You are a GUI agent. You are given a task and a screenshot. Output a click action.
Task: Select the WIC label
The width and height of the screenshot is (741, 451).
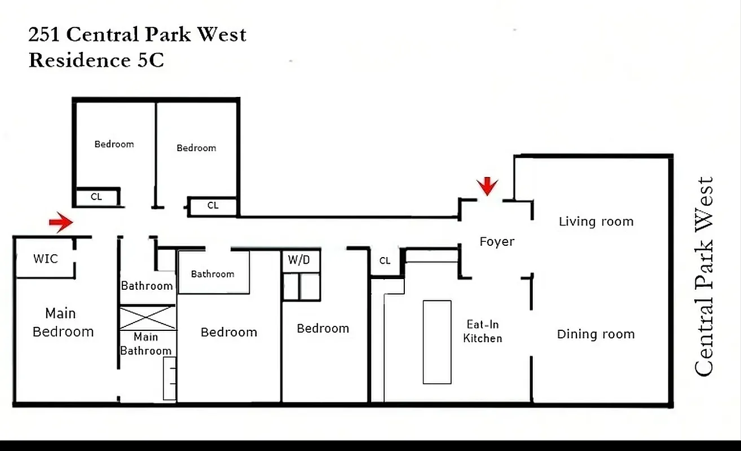pyautogui.click(x=45, y=259)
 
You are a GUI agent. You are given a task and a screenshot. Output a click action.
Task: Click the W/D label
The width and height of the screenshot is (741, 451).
pyautogui.click(x=299, y=260)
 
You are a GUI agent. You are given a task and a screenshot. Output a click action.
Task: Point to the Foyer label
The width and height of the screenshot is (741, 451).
pyautogui.click(x=497, y=242)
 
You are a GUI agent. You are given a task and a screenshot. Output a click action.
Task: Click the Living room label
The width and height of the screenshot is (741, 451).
pyautogui.click(x=596, y=222)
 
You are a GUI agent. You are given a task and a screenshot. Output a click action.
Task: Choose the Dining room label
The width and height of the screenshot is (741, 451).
pyautogui.click(x=596, y=334)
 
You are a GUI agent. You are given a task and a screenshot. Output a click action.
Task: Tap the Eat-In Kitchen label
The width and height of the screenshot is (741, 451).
pyautogui.click(x=483, y=331)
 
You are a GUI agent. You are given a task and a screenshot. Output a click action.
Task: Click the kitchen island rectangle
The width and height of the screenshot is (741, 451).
pyautogui.click(x=437, y=342)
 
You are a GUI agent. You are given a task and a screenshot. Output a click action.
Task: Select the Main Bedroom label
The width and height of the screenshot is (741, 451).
pyautogui.click(x=63, y=322)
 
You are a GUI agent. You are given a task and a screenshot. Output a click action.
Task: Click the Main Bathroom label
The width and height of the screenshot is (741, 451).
pyautogui.click(x=145, y=344)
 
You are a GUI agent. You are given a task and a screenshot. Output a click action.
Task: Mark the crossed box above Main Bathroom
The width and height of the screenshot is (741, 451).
pyautogui.click(x=148, y=317)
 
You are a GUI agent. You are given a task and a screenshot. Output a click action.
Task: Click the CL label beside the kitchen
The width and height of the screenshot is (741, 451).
pyautogui.click(x=385, y=260)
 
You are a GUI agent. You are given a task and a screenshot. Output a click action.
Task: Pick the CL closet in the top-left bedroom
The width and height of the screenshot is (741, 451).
pyautogui.click(x=96, y=197)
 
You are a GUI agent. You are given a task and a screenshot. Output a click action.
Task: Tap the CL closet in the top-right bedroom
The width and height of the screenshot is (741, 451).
pyautogui.click(x=213, y=206)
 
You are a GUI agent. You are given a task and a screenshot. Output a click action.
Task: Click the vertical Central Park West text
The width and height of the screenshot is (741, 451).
pyautogui.click(x=704, y=276)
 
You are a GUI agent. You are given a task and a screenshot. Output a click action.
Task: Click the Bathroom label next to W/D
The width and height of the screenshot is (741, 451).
pyautogui.click(x=213, y=274)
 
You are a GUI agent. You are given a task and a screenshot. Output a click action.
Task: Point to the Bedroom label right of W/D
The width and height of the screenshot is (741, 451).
pyautogui.click(x=323, y=329)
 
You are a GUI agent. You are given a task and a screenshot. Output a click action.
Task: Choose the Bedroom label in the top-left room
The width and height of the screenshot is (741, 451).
pyautogui.click(x=114, y=144)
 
